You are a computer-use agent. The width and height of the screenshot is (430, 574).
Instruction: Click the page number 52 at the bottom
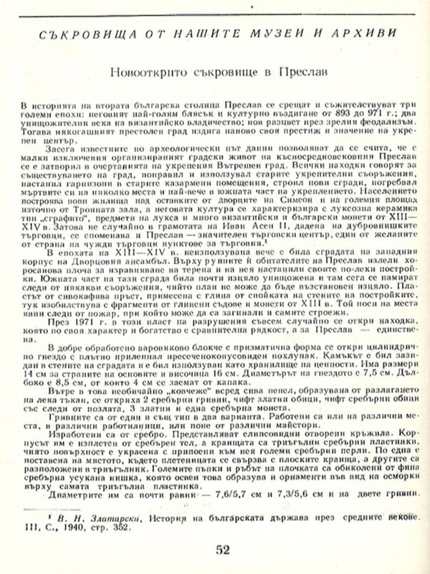pyautogui.click(x=221, y=551)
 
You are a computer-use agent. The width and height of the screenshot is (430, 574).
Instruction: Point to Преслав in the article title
pyautogui.click(x=303, y=72)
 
